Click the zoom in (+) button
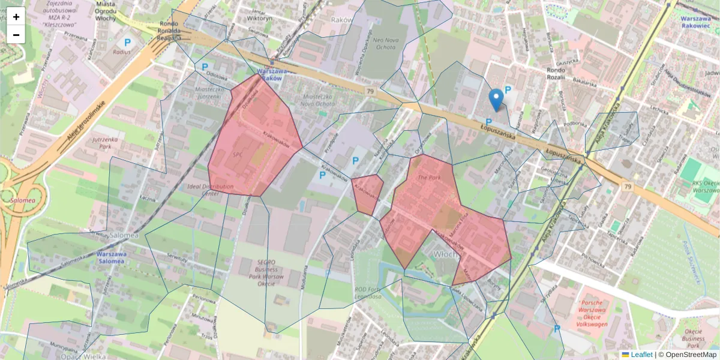pyautogui.click(x=16, y=17)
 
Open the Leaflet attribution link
pyautogui.click(x=641, y=355)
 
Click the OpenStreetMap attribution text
pyautogui.click(x=690, y=355)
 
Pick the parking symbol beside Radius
pyautogui.click(x=127, y=43)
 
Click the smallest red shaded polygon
pyautogui.click(x=367, y=193)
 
